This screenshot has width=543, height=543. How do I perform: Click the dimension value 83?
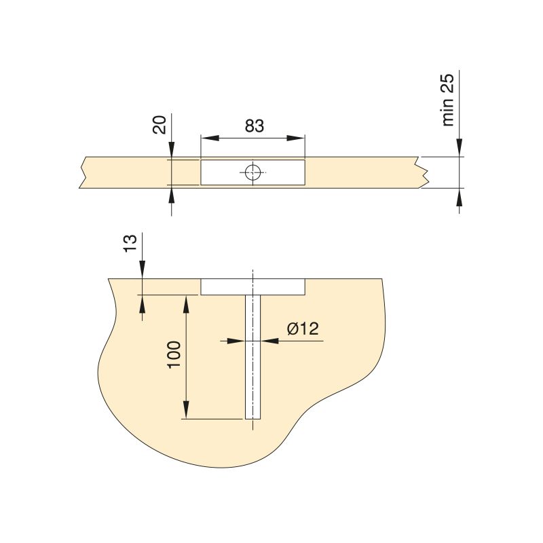point(253,126)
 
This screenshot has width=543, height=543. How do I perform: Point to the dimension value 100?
point(174,355)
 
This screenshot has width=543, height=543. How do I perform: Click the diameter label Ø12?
point(303,329)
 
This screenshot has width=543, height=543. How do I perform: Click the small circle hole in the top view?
point(253,172)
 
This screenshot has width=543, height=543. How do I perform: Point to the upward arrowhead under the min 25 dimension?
point(460,198)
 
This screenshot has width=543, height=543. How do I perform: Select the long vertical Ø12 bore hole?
point(252,367)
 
